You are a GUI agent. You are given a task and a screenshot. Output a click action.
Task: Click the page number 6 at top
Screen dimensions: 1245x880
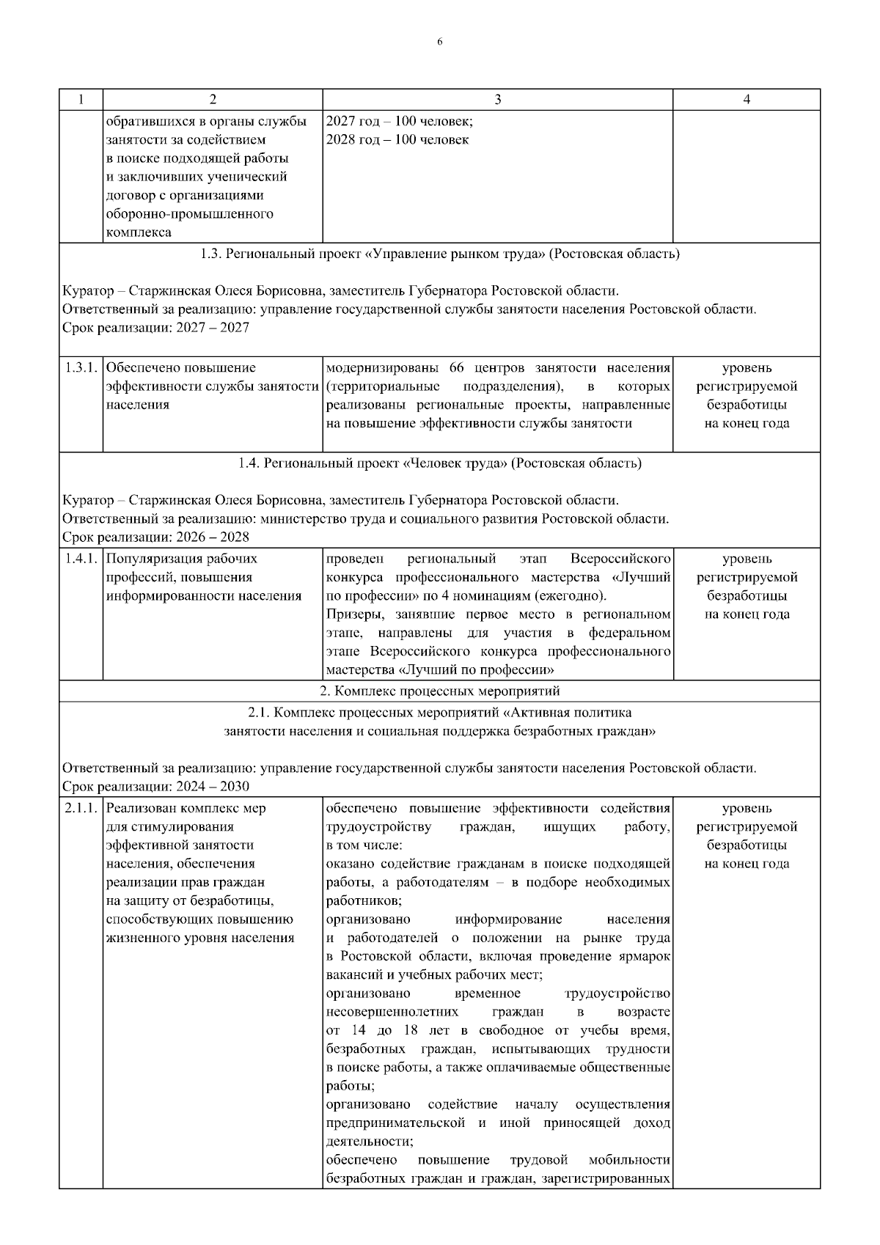[x=439, y=42]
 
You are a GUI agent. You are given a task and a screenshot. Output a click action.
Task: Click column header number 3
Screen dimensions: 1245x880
[x=497, y=100]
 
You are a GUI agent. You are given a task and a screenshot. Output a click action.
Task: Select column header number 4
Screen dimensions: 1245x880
[x=747, y=100]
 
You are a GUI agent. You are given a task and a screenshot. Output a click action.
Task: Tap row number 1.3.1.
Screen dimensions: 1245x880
[x=81, y=367]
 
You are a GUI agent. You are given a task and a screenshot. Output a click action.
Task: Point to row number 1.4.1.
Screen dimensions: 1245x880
[x=81, y=559]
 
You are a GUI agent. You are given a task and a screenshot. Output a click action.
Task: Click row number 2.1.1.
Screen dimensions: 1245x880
[x=81, y=808]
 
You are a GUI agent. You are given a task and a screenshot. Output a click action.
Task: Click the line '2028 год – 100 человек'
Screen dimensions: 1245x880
[x=397, y=139]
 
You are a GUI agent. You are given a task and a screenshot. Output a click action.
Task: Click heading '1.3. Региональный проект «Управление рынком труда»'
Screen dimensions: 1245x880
[x=439, y=254]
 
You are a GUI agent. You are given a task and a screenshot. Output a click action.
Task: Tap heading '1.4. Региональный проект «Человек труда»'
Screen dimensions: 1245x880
[x=439, y=463]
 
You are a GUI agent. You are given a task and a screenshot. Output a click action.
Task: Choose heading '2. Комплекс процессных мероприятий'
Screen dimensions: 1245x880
[x=439, y=691]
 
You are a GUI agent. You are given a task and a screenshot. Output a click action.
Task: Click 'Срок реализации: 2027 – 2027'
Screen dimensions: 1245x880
[x=155, y=328]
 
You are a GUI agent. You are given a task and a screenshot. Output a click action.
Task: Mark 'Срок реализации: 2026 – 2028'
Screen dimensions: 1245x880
[x=155, y=537]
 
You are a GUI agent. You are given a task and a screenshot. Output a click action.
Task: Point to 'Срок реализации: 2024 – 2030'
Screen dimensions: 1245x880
[x=155, y=787]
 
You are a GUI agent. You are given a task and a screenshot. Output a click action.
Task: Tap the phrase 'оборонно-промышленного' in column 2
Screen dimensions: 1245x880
[x=190, y=213]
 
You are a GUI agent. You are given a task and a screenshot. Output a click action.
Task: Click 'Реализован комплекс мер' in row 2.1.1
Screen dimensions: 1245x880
[x=186, y=808]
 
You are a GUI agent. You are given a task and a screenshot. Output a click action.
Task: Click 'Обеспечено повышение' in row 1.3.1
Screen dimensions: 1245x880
[x=181, y=367]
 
